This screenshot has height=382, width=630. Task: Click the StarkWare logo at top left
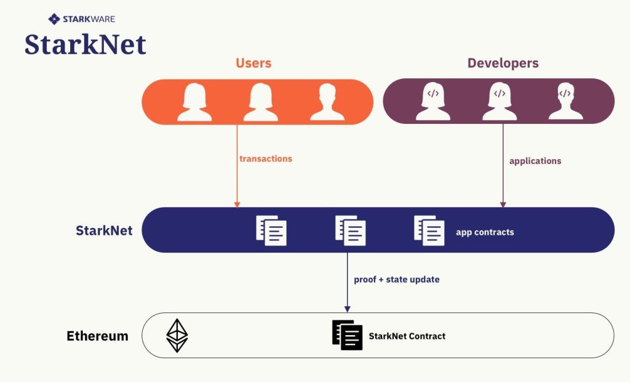[x=82, y=19]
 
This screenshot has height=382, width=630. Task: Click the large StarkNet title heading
[x=86, y=44]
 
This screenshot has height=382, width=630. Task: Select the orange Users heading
[x=253, y=63]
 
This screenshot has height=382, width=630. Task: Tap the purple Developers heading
[x=503, y=63]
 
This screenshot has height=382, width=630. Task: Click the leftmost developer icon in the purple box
[x=433, y=101]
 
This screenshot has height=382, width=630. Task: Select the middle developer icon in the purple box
[x=499, y=101]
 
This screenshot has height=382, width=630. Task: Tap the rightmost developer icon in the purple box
[x=565, y=101]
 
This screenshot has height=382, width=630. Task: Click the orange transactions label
[x=266, y=159]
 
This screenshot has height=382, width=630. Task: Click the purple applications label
[x=535, y=161]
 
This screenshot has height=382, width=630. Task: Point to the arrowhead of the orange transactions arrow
[x=237, y=204]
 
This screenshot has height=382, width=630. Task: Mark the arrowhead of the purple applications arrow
[x=503, y=204]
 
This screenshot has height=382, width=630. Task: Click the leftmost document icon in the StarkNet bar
[x=271, y=230]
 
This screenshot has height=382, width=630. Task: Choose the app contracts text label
[x=485, y=232]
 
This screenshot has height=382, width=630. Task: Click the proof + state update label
[x=397, y=280]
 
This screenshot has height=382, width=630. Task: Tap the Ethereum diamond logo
[x=177, y=336]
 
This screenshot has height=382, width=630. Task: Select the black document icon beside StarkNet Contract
[x=348, y=335]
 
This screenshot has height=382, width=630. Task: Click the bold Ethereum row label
[x=97, y=336]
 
